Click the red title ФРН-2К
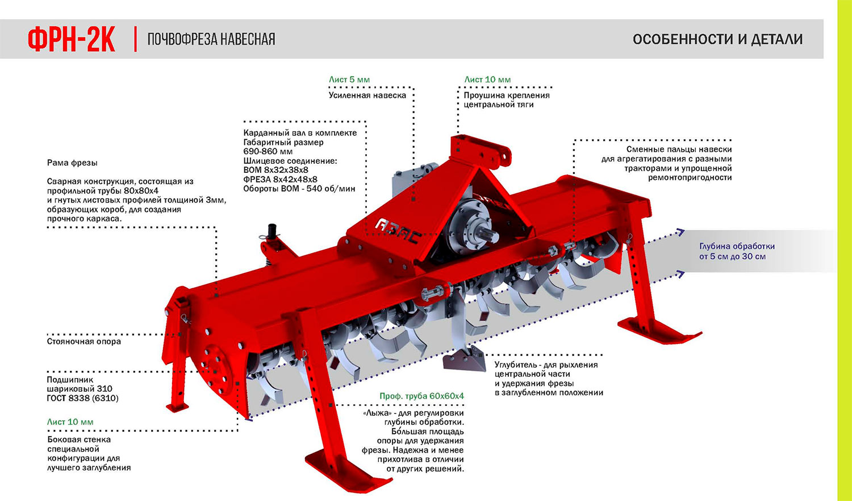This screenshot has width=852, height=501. coord(72,39)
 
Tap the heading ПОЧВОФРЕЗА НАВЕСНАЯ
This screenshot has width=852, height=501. coord(211,39)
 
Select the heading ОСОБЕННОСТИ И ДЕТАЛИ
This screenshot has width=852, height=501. coord(717,39)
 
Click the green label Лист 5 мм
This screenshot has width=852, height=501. coord(349,80)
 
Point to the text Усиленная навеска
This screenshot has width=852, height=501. coord(367,96)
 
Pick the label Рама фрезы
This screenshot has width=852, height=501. coord(72,163)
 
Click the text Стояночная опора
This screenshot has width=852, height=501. coord(83,342)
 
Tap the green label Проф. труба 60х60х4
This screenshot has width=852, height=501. coord(421,396)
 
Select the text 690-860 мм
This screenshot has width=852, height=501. coord(268,151)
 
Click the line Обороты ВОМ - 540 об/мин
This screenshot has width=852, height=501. coord(299,188)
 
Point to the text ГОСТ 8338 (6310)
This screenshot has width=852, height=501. coord(82,398)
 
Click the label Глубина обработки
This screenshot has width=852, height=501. coord(737,246)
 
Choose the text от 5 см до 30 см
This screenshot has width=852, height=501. coord(732,256)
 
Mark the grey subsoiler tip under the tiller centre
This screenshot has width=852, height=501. coord(463,361)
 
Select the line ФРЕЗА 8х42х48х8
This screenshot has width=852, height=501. coord(280,179)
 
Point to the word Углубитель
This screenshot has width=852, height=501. coord(517,365)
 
